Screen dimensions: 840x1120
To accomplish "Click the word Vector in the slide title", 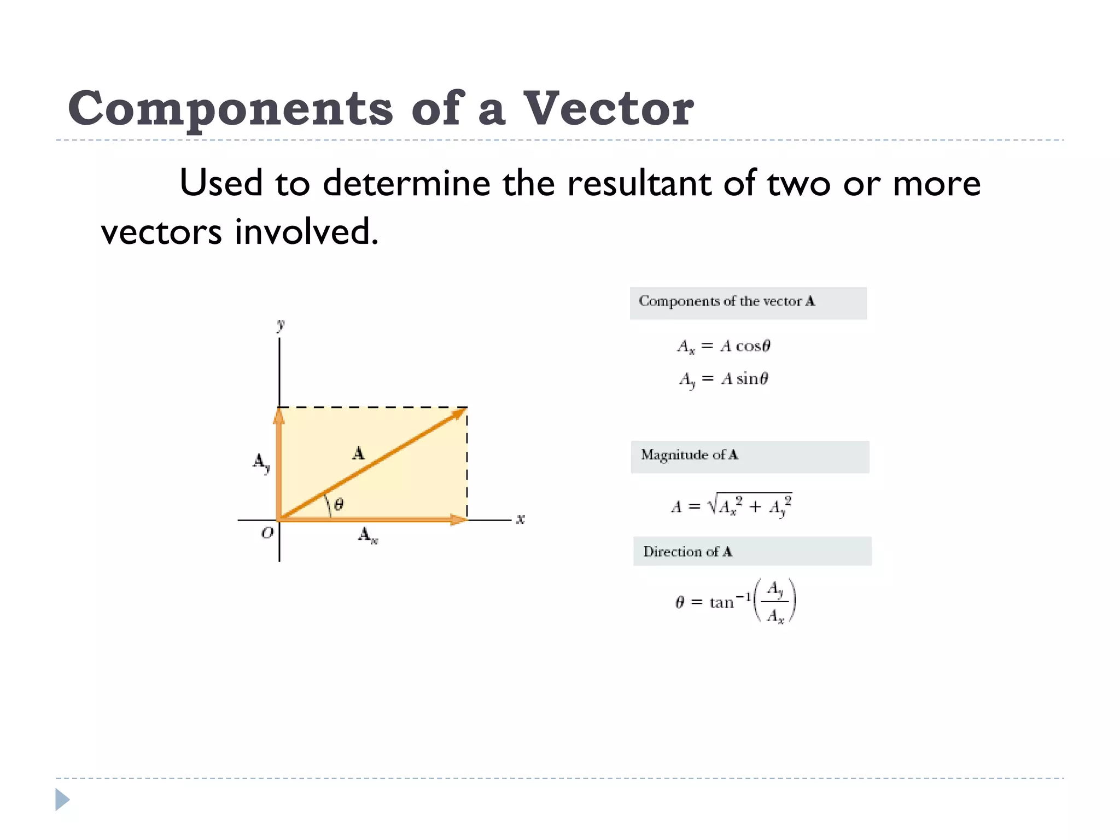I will (608, 108).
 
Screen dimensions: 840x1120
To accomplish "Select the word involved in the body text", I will (306, 231).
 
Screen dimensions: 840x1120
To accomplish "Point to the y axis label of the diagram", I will (281, 325).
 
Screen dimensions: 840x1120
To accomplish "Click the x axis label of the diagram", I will (520, 518).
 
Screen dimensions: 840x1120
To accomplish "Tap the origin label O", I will (267, 532).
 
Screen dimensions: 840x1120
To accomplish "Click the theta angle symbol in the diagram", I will (339, 504).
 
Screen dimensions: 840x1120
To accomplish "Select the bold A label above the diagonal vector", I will (358, 453).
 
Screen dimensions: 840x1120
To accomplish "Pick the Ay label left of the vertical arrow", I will (261, 462).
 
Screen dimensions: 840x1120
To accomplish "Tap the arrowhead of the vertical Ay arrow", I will (279, 416).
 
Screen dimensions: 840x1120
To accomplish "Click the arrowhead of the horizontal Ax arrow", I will (458, 520).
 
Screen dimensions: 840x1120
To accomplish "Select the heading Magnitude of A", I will (689, 455).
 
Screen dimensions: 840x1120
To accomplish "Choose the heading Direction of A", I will (687, 551).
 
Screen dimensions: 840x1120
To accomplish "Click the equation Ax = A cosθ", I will (724, 346).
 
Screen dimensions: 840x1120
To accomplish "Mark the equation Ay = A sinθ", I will (724, 378).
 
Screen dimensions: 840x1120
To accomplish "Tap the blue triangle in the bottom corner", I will (62, 800).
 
